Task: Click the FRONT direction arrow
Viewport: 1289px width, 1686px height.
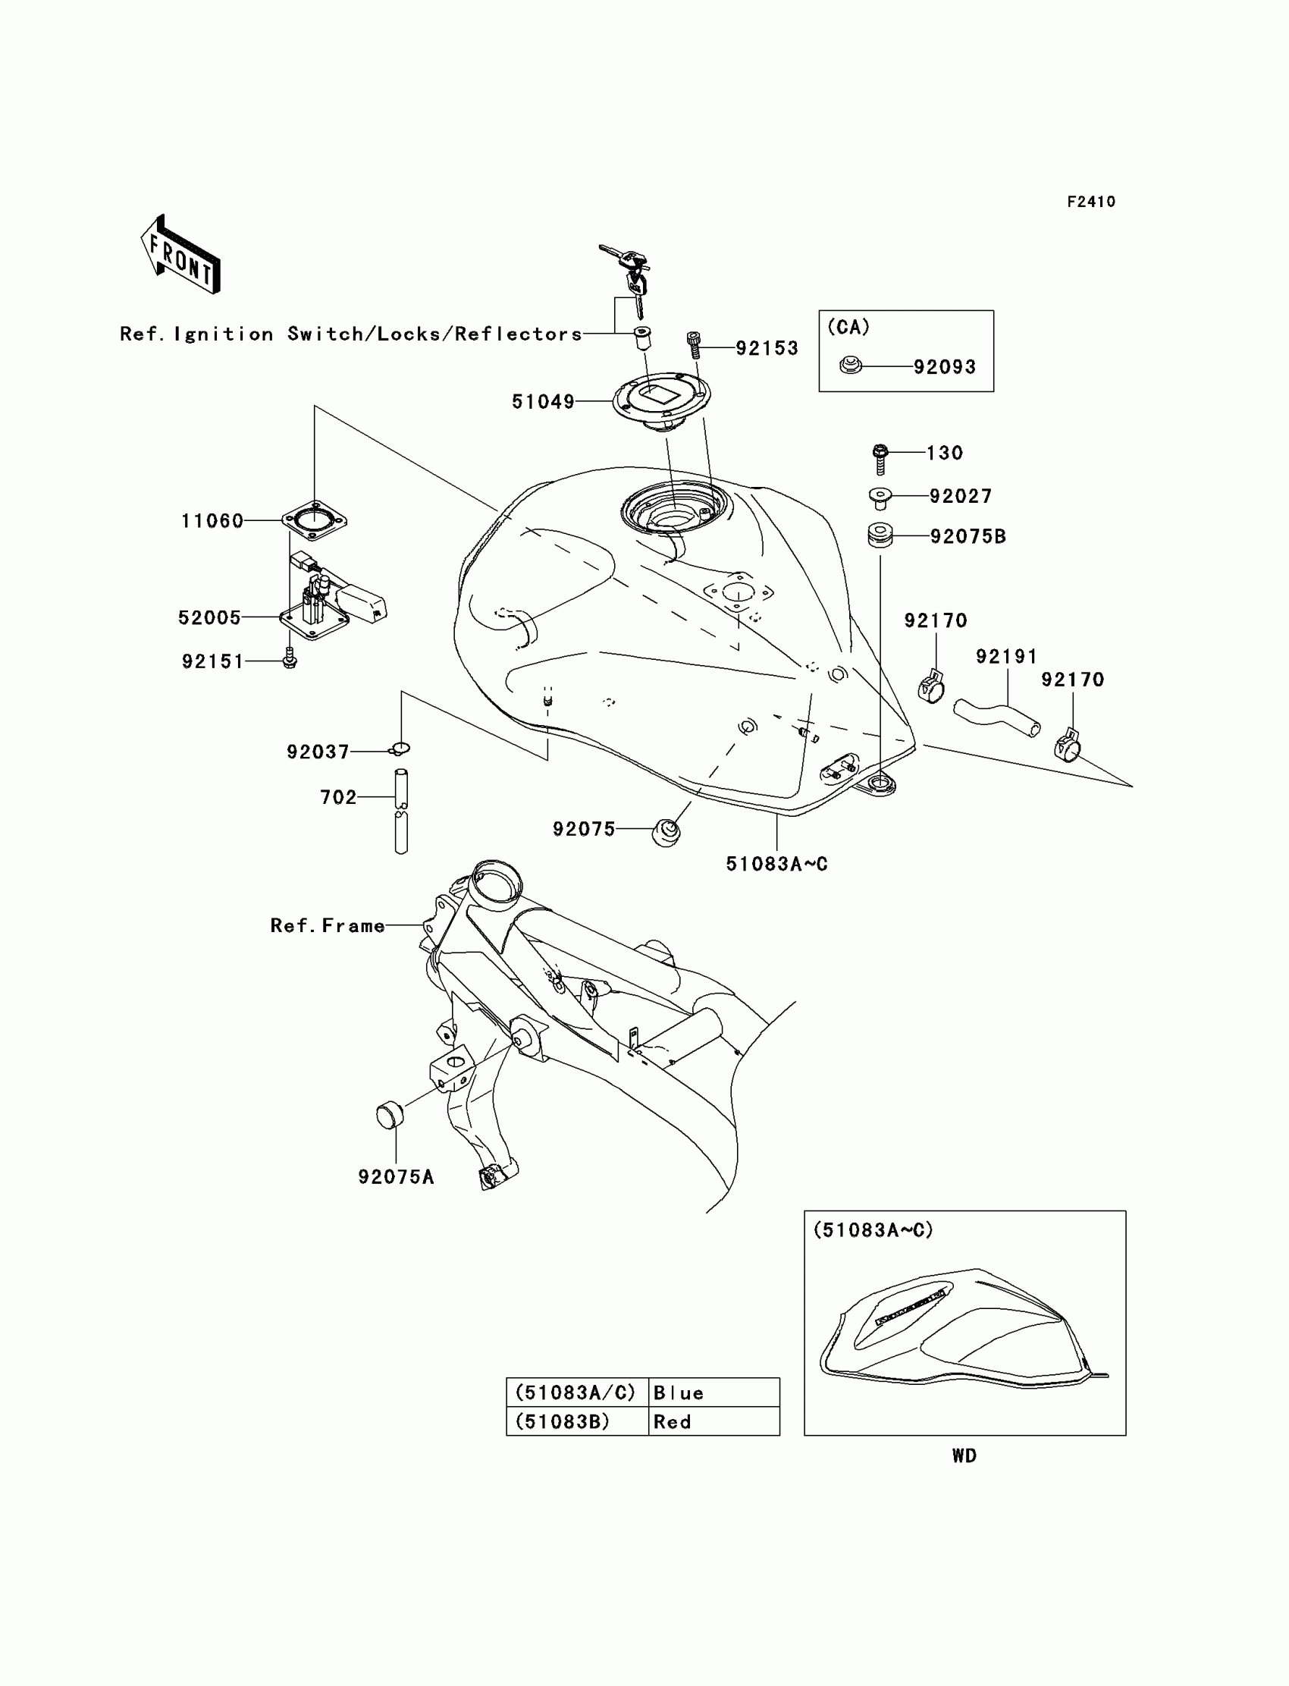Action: tap(180, 256)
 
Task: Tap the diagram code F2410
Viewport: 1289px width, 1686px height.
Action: tap(1091, 202)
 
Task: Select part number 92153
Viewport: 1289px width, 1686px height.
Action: tap(767, 348)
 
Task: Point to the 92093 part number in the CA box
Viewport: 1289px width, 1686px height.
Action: tap(945, 368)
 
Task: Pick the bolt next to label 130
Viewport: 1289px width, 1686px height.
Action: tap(880, 458)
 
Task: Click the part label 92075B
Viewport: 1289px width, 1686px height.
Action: tap(968, 536)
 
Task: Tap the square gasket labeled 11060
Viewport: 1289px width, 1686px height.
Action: tap(315, 521)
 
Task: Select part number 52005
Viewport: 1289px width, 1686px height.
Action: tap(209, 618)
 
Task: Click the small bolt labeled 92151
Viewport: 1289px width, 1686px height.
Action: tap(289, 659)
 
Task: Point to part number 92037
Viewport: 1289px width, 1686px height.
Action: tap(318, 752)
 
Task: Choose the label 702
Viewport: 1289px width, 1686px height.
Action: tap(338, 798)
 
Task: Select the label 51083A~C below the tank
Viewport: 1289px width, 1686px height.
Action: tap(776, 864)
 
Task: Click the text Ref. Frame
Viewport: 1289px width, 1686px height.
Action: tap(328, 926)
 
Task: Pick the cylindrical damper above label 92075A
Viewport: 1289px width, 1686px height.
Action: tap(390, 1114)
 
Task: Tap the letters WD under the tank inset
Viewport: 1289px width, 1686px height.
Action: tap(964, 1455)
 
